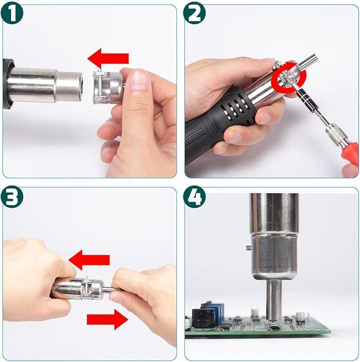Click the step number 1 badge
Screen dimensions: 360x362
[12, 13]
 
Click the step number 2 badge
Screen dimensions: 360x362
[194, 13]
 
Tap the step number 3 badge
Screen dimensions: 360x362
[12, 197]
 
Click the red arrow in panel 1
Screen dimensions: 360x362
[108, 59]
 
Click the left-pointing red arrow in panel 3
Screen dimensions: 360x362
[89, 260]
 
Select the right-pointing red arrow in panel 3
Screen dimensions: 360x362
[107, 319]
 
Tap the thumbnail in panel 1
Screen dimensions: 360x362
[138, 80]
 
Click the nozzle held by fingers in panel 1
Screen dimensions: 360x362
[108, 88]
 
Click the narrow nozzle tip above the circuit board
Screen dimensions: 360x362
[274, 300]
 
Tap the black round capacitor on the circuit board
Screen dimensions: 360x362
[200, 317]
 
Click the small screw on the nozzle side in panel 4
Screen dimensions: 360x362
[248, 248]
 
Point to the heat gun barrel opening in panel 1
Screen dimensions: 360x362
[80, 87]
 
